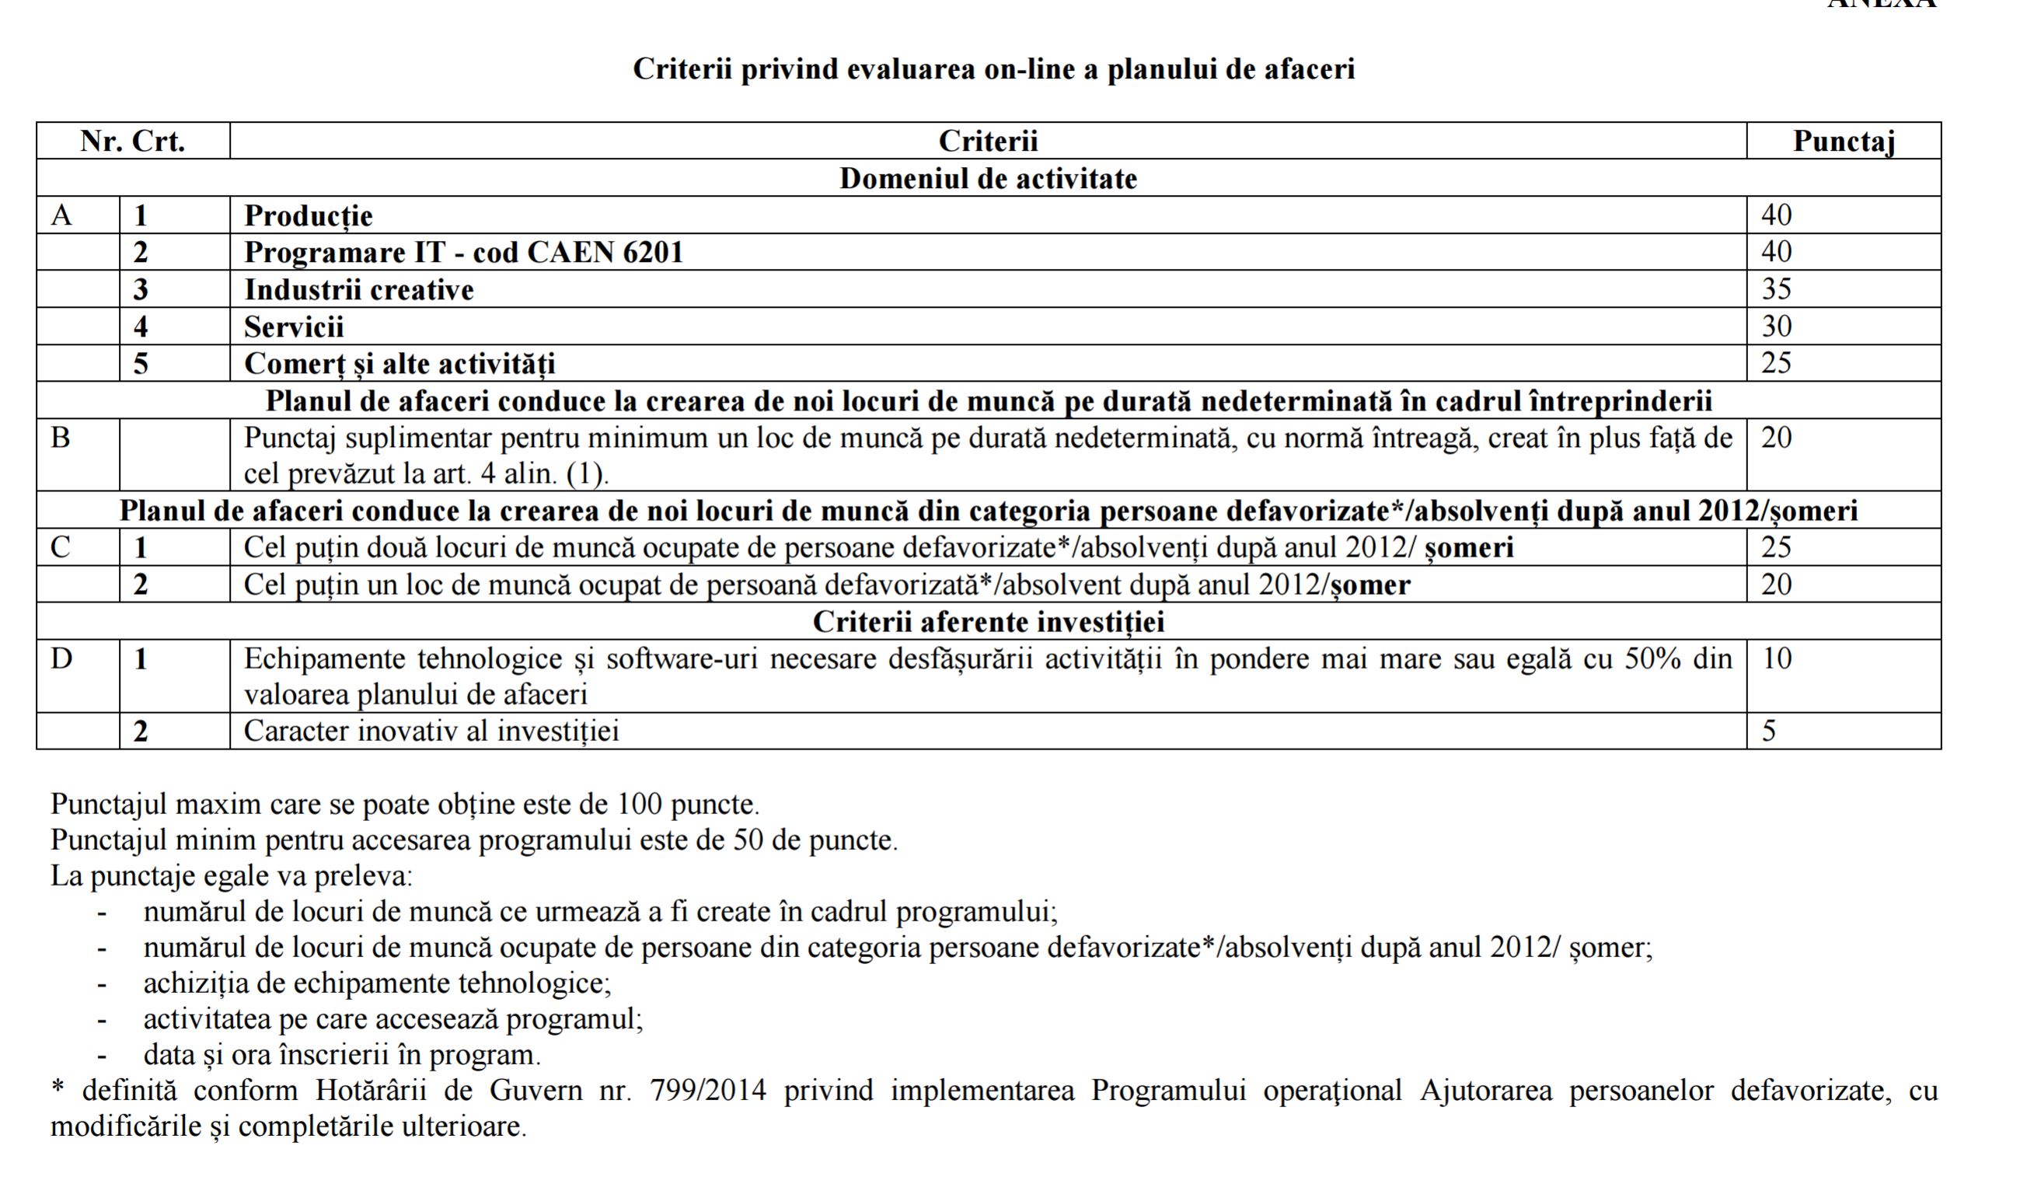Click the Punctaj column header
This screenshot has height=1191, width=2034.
pyautogui.click(x=1843, y=141)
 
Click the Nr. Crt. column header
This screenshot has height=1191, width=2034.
pyautogui.click(x=133, y=141)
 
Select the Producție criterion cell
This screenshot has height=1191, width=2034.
pyautogui.click(x=309, y=215)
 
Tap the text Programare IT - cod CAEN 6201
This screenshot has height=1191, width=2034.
pyautogui.click(x=463, y=253)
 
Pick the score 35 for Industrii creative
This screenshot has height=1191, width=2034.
pyautogui.click(x=1777, y=289)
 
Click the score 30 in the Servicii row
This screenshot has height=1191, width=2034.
pyautogui.click(x=1777, y=327)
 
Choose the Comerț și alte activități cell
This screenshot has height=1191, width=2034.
pyautogui.click(x=399, y=363)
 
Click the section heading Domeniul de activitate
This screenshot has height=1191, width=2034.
pyautogui.click(x=988, y=179)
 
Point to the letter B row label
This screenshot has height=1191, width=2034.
pyautogui.click(x=61, y=438)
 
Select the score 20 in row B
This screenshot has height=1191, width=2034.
pyautogui.click(x=1777, y=438)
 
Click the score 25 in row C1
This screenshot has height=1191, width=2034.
pyautogui.click(x=1777, y=547)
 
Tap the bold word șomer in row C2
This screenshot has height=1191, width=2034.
pyautogui.click(x=1369, y=585)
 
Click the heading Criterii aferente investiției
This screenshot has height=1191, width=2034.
pyautogui.click(x=988, y=622)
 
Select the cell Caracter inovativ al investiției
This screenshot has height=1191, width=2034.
pyautogui.click(x=431, y=732)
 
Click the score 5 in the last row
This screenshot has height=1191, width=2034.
pyautogui.click(x=1769, y=732)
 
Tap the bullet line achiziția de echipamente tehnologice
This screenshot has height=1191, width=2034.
pyautogui.click(x=377, y=983)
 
